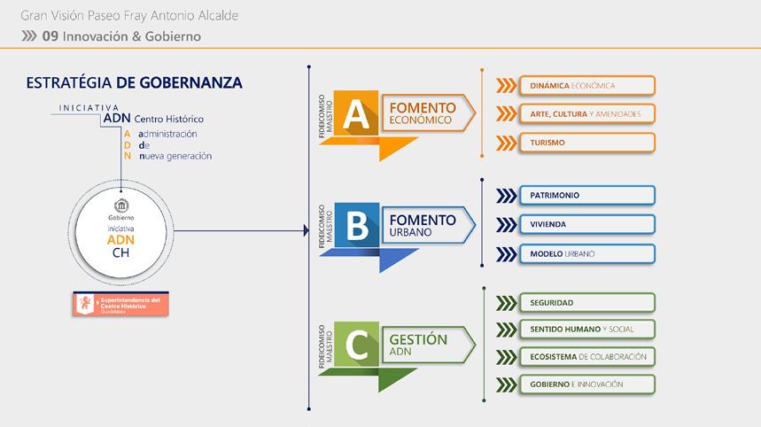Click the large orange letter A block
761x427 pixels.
356,113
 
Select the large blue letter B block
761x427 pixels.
356,225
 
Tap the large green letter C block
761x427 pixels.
356,345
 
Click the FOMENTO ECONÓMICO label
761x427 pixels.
423,113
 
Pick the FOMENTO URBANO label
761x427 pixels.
423,224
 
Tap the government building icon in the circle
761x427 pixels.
121,206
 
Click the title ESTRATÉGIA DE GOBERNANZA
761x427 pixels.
135,82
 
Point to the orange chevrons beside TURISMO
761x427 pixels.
506,142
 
